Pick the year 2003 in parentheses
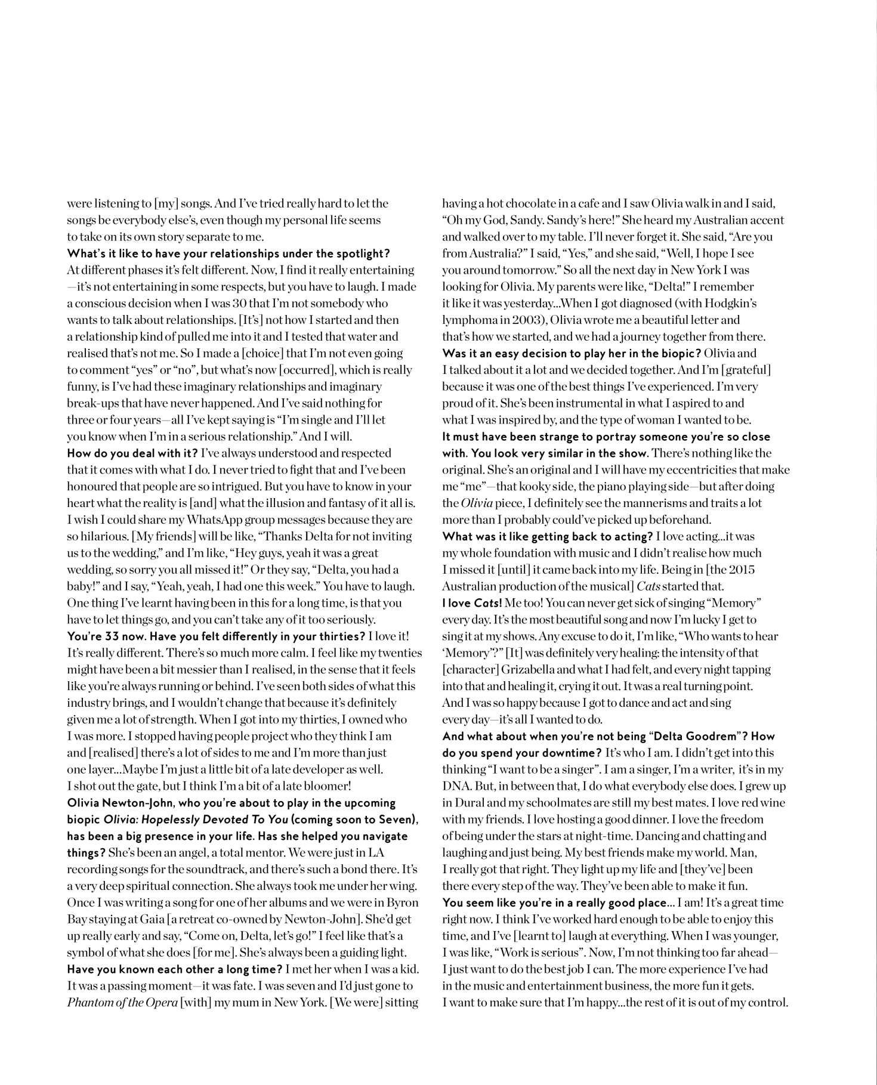[523, 320]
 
